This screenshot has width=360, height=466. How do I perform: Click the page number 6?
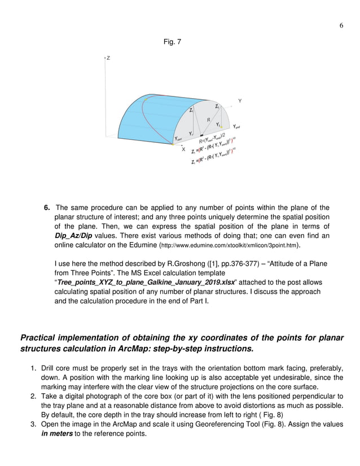341,26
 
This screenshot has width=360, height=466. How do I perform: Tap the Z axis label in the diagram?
108,58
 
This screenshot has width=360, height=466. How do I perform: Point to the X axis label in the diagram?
183,150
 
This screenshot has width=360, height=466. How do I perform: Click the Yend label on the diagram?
237,127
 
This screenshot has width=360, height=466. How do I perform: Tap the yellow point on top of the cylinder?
145,100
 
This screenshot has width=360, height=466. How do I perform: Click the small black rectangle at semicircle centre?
201,136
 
